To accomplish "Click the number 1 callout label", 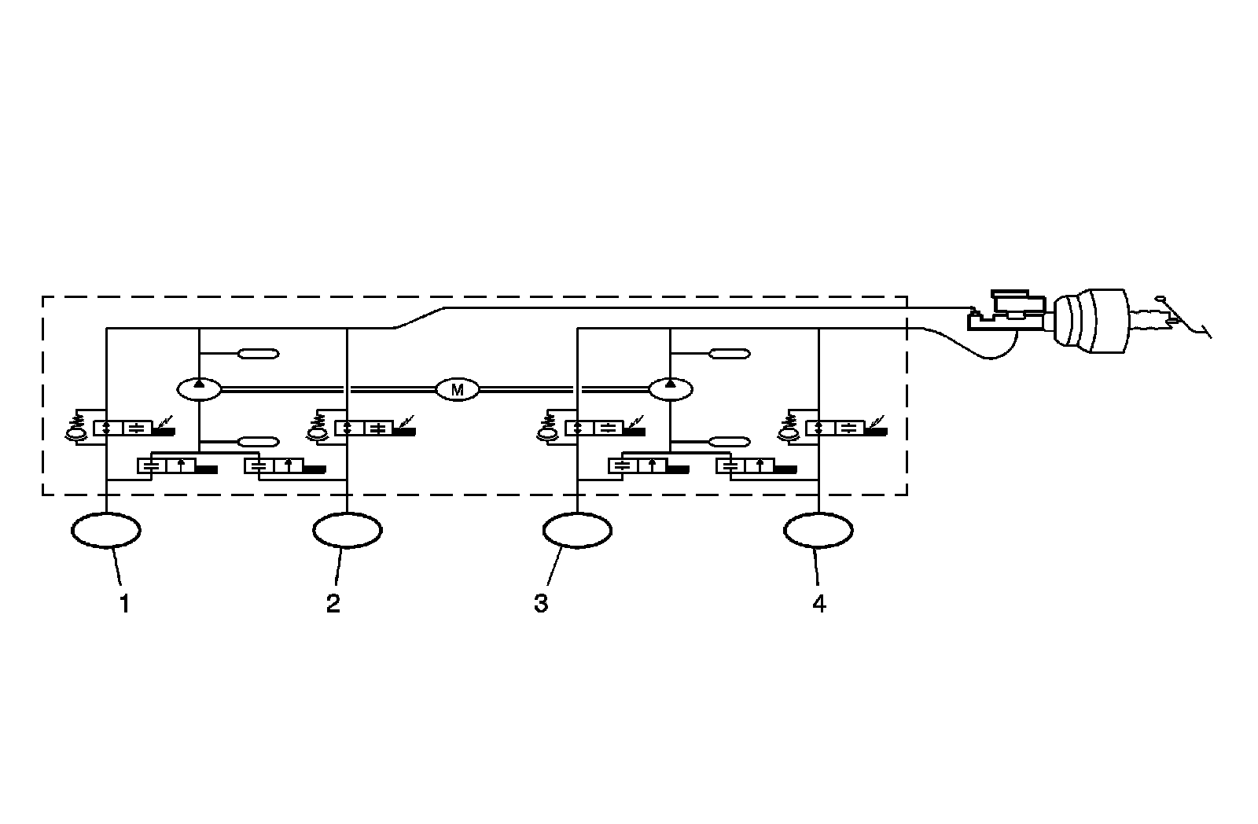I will [124, 604].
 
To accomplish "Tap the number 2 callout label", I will [333, 604].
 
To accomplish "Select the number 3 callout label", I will [541, 604].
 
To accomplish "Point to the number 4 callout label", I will [819, 604].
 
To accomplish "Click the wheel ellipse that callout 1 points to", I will [106, 531].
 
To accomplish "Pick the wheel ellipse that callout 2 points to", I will [348, 531].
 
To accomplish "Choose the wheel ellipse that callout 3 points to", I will [577, 531].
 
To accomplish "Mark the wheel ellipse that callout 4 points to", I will [818, 531].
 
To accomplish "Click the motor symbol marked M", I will [457, 388].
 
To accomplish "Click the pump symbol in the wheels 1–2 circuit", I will [200, 388].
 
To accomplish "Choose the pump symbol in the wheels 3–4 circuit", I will [670, 388].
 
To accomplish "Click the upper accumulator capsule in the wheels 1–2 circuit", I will [259, 354].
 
